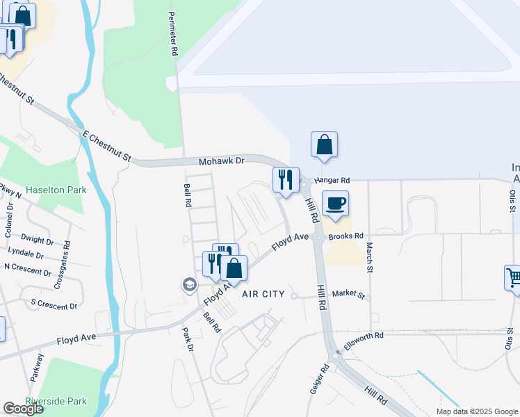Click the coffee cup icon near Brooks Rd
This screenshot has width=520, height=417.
(x=335, y=204)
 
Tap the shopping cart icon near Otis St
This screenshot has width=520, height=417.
(x=514, y=277)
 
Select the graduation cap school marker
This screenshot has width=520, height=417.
(x=188, y=284)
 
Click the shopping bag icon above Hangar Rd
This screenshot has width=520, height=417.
(x=324, y=145)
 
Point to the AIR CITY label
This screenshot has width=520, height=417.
(x=263, y=294)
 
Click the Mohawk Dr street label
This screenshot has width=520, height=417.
(x=222, y=161)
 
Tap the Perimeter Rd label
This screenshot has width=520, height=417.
(x=172, y=34)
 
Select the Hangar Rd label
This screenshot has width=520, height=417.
(x=331, y=180)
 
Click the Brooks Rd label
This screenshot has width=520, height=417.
(x=346, y=236)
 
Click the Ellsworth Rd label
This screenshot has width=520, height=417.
(x=365, y=336)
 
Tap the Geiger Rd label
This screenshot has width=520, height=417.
(x=325, y=379)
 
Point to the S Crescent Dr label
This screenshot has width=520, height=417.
(x=54, y=306)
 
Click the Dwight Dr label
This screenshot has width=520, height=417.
(x=38, y=240)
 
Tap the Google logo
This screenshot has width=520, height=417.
(x=24, y=409)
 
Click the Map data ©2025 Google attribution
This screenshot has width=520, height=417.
(x=476, y=411)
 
